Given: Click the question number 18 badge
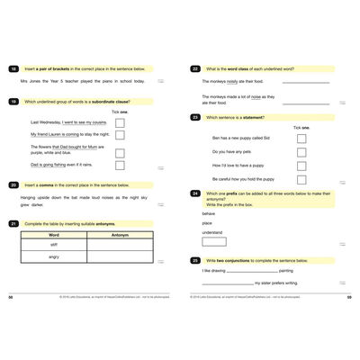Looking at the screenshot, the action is pyautogui.click(x=13, y=68).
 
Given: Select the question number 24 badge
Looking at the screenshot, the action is pyautogui.click(x=195, y=193).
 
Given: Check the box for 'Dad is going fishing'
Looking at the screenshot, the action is pyautogui.click(x=120, y=166).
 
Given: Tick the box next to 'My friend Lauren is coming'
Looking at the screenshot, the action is pyautogui.click(x=120, y=137).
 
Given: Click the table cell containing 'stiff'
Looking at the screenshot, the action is pyautogui.click(x=53, y=244).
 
